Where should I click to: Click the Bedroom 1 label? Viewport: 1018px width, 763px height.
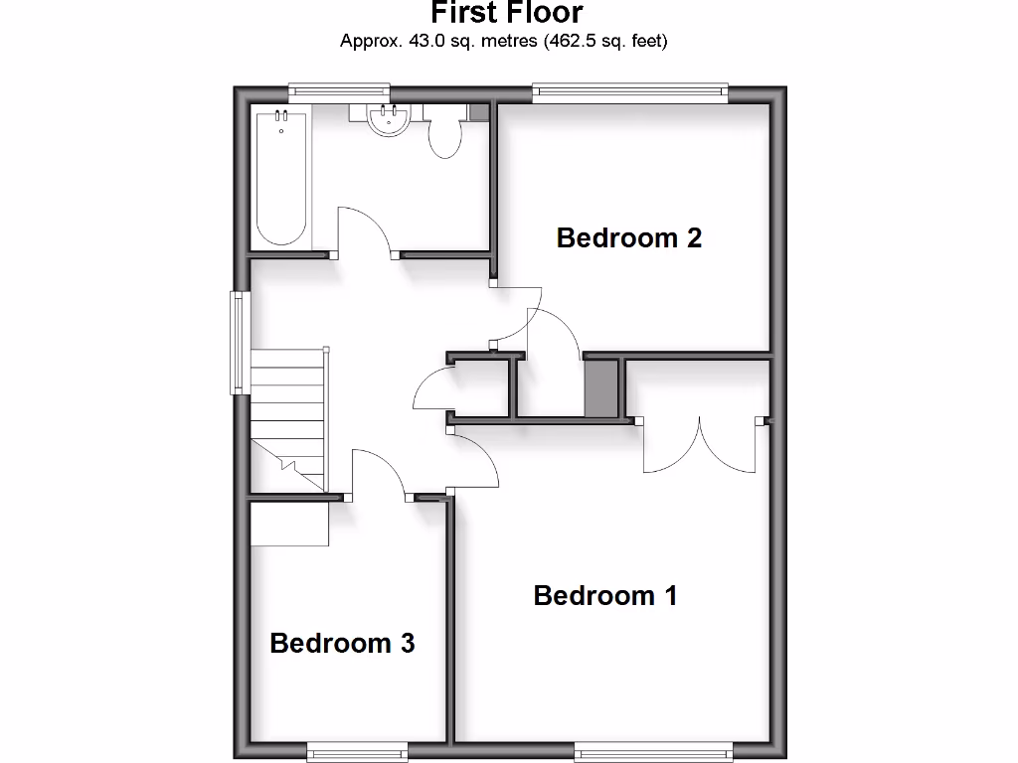click(x=605, y=595)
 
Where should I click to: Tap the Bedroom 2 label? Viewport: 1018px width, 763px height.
click(x=629, y=238)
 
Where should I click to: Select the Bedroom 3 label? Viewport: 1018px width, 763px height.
click(x=342, y=643)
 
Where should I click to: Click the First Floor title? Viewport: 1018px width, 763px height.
click(x=506, y=13)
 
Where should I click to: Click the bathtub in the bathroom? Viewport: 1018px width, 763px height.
click(x=280, y=178)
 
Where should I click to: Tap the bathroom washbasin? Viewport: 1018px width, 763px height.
click(x=388, y=120)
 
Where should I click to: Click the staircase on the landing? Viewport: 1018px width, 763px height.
click(x=287, y=417)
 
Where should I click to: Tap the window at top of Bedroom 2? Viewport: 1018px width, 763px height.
click(x=630, y=92)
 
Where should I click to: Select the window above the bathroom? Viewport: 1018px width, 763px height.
click(x=338, y=92)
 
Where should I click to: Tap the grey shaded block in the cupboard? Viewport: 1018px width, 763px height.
click(x=599, y=388)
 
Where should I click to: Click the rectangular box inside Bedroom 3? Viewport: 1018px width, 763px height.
click(x=289, y=524)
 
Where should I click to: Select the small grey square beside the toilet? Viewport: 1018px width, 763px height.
click(x=478, y=112)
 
